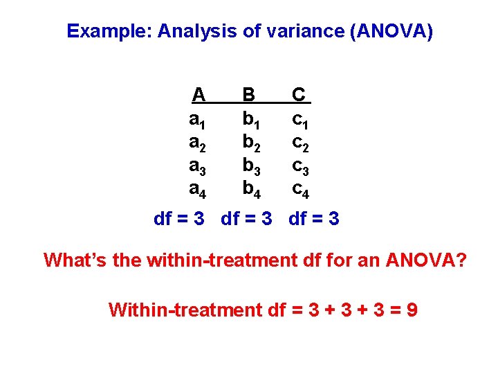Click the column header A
point(199,94)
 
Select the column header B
point(248,94)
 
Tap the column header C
point(299,94)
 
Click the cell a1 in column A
point(198,120)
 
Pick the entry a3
point(198,166)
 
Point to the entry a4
point(198,188)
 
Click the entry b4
point(250,188)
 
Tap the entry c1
point(300,120)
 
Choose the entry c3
point(300,166)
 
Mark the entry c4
point(300,188)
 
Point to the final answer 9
point(412,310)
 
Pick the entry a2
point(198,143)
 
